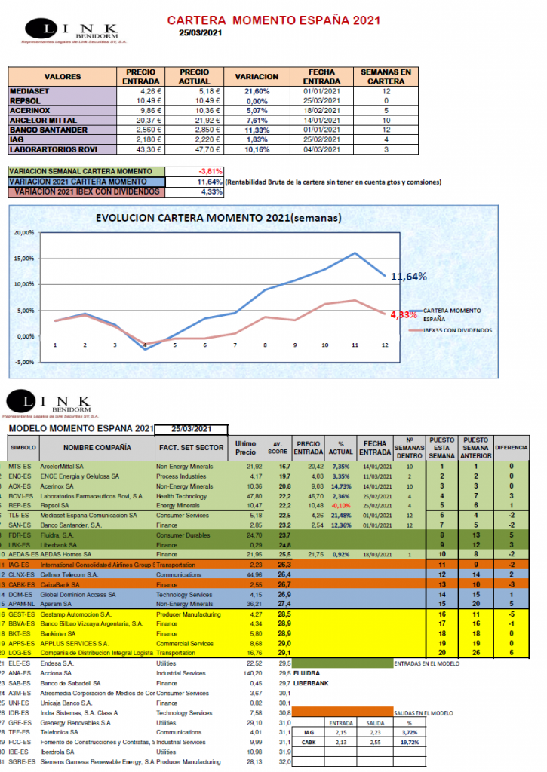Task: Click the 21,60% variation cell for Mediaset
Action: (258, 91)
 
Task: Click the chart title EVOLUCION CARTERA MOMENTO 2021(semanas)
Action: (219, 219)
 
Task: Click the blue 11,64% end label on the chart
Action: (408, 277)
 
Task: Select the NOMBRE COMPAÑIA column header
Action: (91, 447)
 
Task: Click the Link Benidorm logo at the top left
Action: (57, 30)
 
